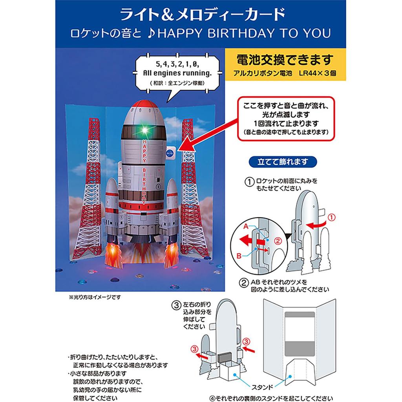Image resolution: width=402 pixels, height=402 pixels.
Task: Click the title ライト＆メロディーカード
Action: point(201,15)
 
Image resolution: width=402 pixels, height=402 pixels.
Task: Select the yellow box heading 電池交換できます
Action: point(285,60)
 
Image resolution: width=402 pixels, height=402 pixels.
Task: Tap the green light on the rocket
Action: point(144,130)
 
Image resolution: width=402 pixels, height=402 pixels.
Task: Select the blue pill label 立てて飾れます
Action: point(282,161)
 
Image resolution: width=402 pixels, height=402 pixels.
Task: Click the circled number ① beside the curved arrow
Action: point(332,216)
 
